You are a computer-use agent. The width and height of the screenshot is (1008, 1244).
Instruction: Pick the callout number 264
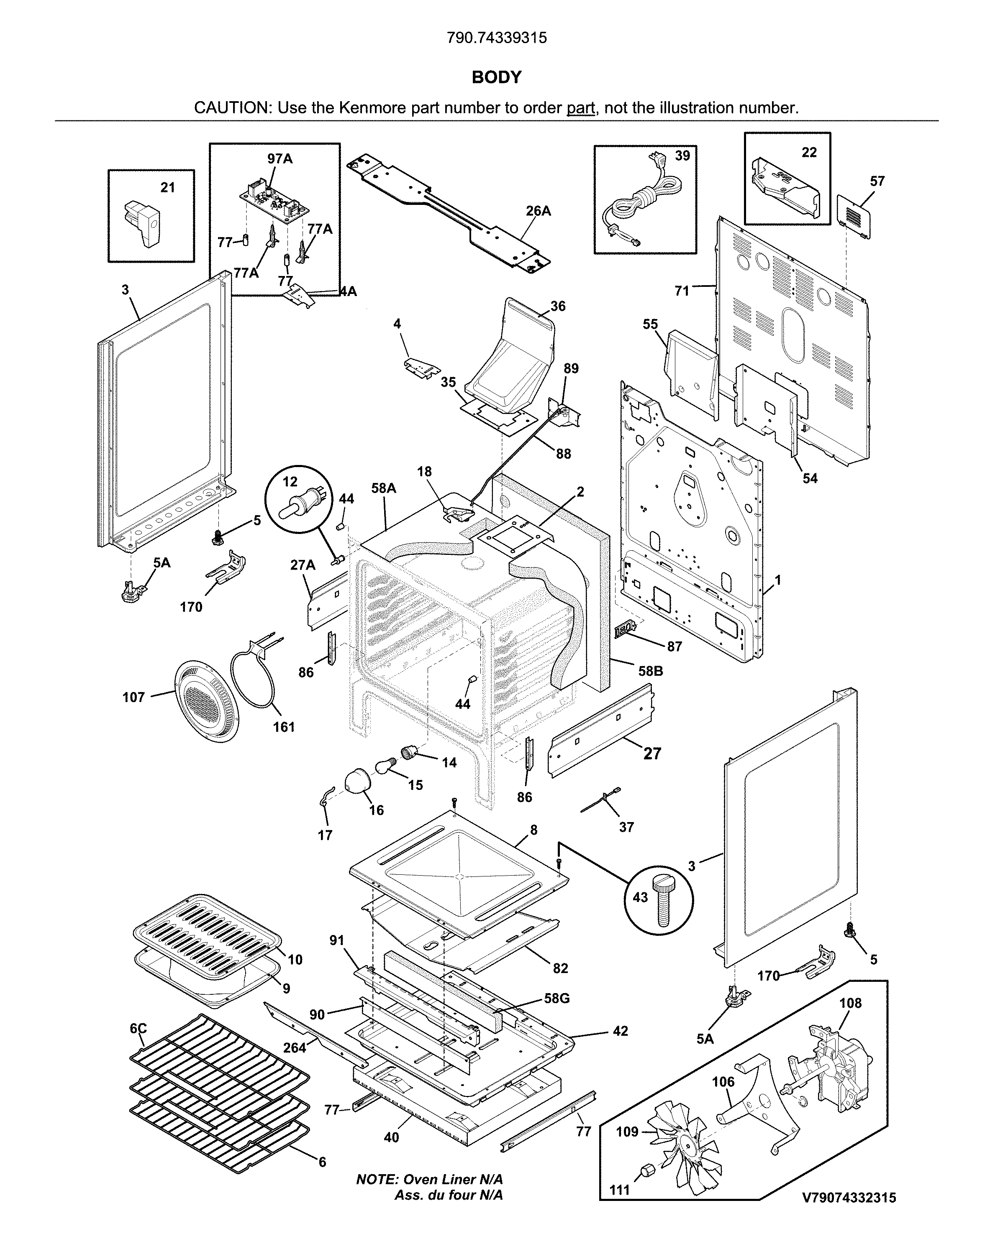pos(295,1047)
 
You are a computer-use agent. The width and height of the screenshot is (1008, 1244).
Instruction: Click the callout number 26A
pos(538,211)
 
